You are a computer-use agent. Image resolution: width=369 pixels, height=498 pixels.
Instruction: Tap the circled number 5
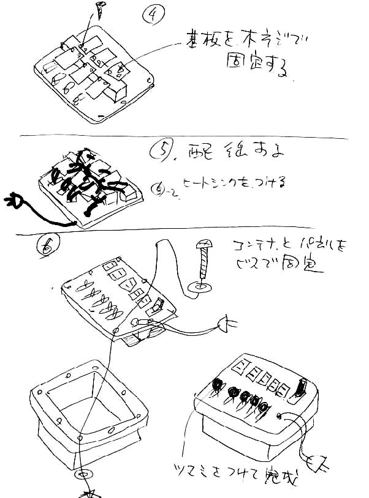(161, 151)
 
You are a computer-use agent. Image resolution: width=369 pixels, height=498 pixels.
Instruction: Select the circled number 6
(45, 246)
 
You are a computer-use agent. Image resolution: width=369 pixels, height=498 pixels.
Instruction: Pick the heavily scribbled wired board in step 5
(92, 180)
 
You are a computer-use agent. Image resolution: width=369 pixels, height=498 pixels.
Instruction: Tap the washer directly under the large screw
(201, 286)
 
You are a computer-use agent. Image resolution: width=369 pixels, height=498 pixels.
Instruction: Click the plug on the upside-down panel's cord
(229, 324)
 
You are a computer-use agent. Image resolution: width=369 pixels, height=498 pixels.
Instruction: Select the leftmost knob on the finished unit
(217, 385)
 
